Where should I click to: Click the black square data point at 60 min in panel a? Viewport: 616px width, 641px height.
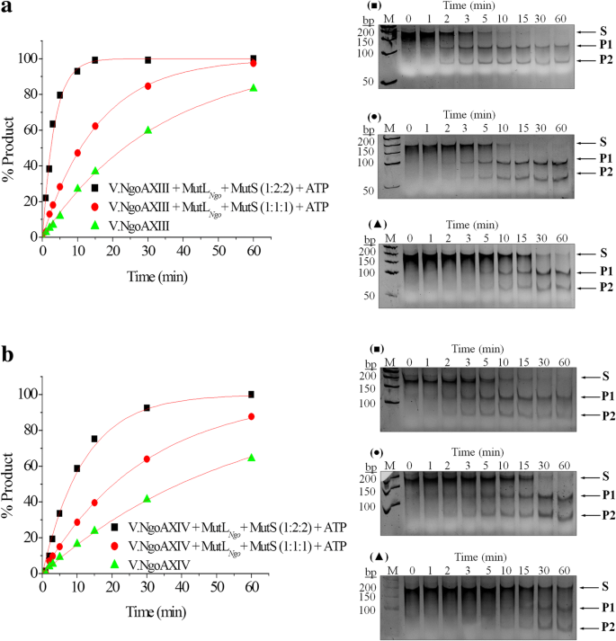pos(253,59)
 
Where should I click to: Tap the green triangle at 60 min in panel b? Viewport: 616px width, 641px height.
pos(252,458)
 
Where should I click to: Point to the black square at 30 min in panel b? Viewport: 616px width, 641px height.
pos(147,408)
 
